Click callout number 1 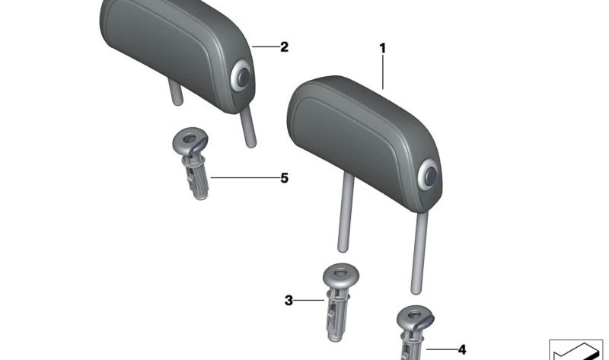tap(383, 49)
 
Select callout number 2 tap(284, 46)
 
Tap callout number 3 tap(289, 301)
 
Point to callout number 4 tap(461, 349)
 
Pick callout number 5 tap(284, 178)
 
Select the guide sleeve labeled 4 tap(412, 331)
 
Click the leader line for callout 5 tap(244, 178)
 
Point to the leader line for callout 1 tap(383, 72)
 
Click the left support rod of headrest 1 tap(345, 217)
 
